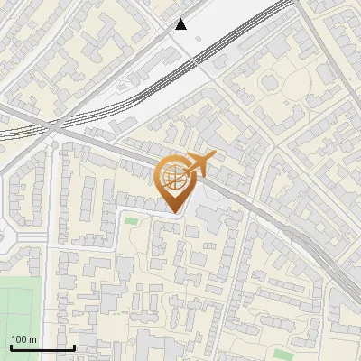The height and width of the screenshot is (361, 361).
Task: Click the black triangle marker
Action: click(181, 24)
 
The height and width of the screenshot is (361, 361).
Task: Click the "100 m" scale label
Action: click(24, 339)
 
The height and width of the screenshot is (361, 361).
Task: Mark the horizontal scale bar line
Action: click(42, 347)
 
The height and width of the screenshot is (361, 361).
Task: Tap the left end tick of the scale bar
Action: click(10, 346)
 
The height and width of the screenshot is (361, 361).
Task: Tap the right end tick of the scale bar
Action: click(74, 346)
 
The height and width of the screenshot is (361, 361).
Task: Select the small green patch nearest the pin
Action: click(132, 220)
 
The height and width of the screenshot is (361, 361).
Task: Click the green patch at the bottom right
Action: click(283, 354)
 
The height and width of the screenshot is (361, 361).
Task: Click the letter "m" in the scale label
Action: click(32, 339)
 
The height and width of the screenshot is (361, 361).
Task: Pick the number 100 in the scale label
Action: click(19, 339)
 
